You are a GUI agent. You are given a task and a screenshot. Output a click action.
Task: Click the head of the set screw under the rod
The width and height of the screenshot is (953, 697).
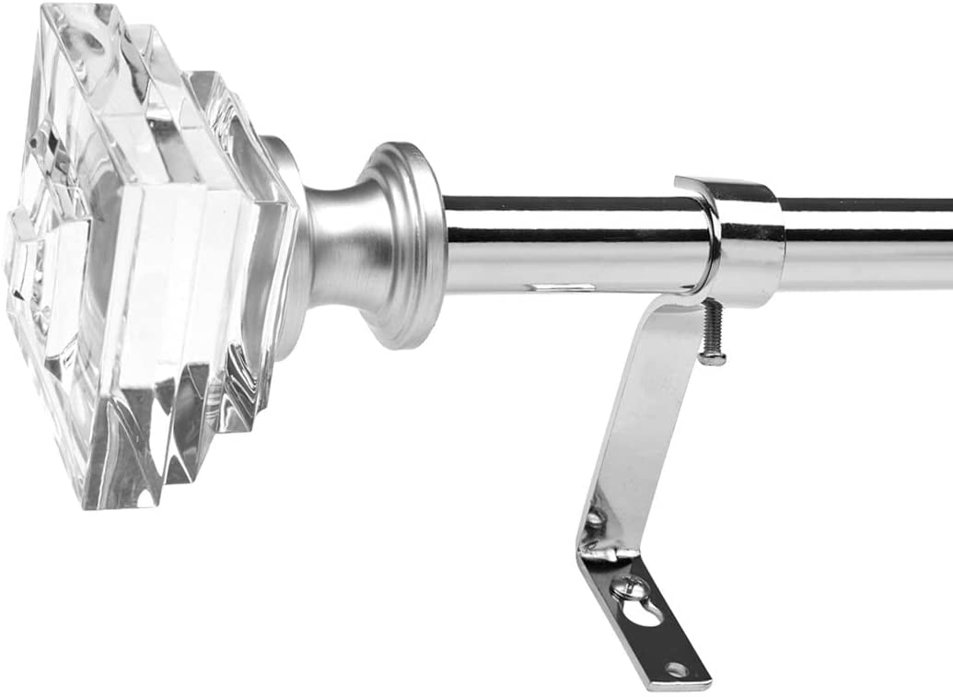[710, 357]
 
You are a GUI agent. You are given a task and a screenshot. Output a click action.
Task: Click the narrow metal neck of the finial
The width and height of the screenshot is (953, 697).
[331, 244]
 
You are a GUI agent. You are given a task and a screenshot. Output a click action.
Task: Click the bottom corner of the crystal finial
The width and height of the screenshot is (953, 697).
[110, 502]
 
